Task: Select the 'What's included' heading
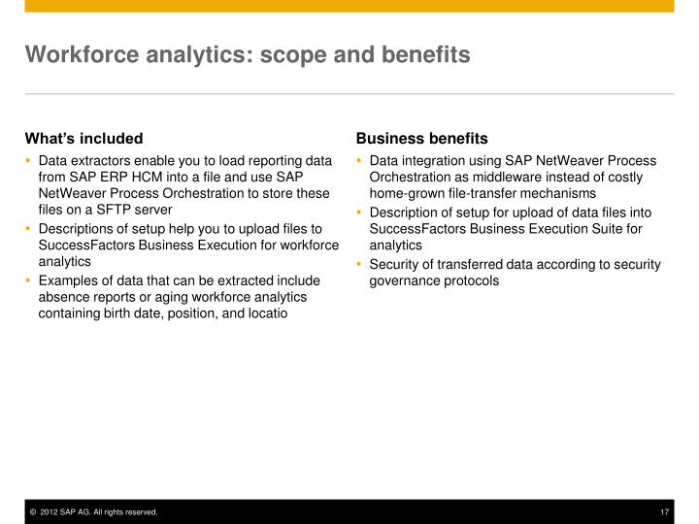(x=83, y=138)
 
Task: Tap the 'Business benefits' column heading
(x=421, y=138)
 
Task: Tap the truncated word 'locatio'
(x=267, y=313)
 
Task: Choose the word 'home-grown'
(x=406, y=193)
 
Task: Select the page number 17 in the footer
(x=665, y=512)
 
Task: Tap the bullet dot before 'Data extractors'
(x=29, y=160)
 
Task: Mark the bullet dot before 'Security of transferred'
(x=360, y=264)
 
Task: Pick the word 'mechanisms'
(x=559, y=193)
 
